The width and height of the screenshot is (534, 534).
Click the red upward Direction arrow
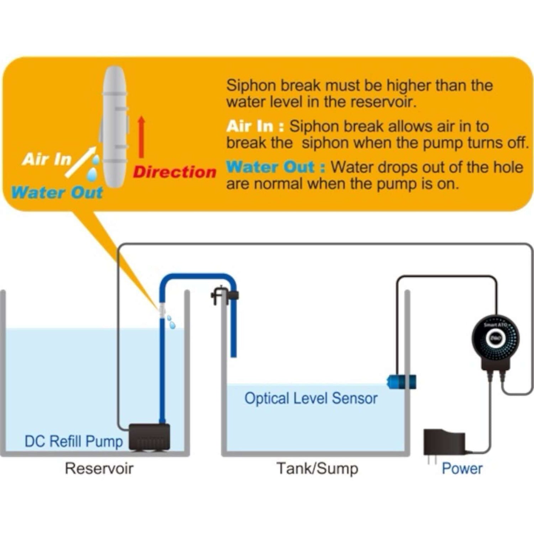(141, 137)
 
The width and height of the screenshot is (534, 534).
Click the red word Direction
(174, 172)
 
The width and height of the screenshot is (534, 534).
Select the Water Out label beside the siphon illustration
(57, 193)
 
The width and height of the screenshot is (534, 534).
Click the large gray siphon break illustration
(114, 126)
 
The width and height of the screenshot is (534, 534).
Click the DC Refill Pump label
(74, 441)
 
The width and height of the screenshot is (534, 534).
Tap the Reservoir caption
(99, 468)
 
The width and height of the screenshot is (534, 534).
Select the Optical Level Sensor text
(311, 398)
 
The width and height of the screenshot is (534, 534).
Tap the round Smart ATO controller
(495, 338)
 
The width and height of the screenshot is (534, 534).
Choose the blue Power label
(462, 468)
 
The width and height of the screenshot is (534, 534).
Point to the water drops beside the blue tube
(171, 322)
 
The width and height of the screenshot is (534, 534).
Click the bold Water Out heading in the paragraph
(276, 167)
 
